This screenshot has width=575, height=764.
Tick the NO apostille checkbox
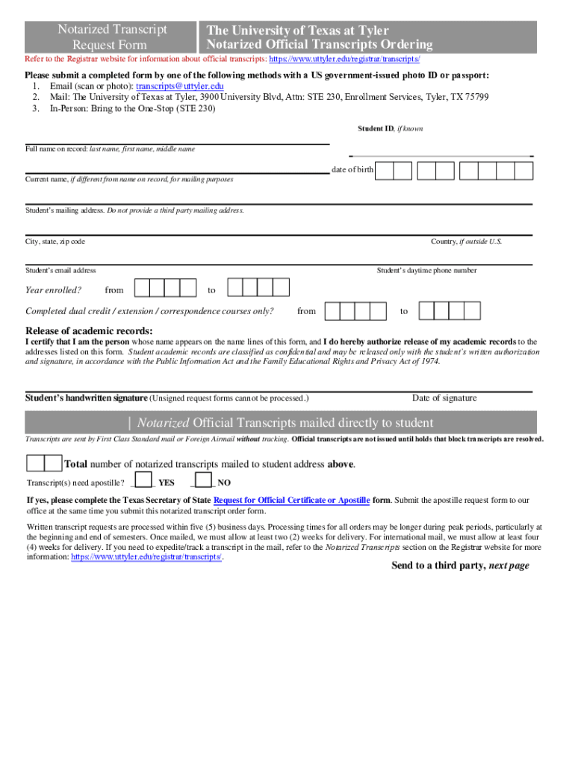click(205, 480)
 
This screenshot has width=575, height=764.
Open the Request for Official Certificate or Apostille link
click(291, 500)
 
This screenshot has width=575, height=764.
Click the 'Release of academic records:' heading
click(89, 331)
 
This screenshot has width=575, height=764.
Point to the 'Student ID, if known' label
click(390, 129)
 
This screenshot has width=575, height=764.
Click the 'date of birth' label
click(352, 170)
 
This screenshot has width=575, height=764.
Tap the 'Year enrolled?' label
click(53, 289)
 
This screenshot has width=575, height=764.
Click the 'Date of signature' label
click(444, 398)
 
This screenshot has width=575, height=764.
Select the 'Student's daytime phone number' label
click(426, 270)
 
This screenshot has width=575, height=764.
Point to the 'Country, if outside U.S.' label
click(466, 242)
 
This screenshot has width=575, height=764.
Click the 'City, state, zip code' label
click(55, 242)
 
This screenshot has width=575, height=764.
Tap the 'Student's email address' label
click(60, 270)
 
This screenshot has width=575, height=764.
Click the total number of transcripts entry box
click(44, 463)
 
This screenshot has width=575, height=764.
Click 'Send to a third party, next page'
click(460, 566)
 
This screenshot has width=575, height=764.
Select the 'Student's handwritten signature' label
click(87, 398)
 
